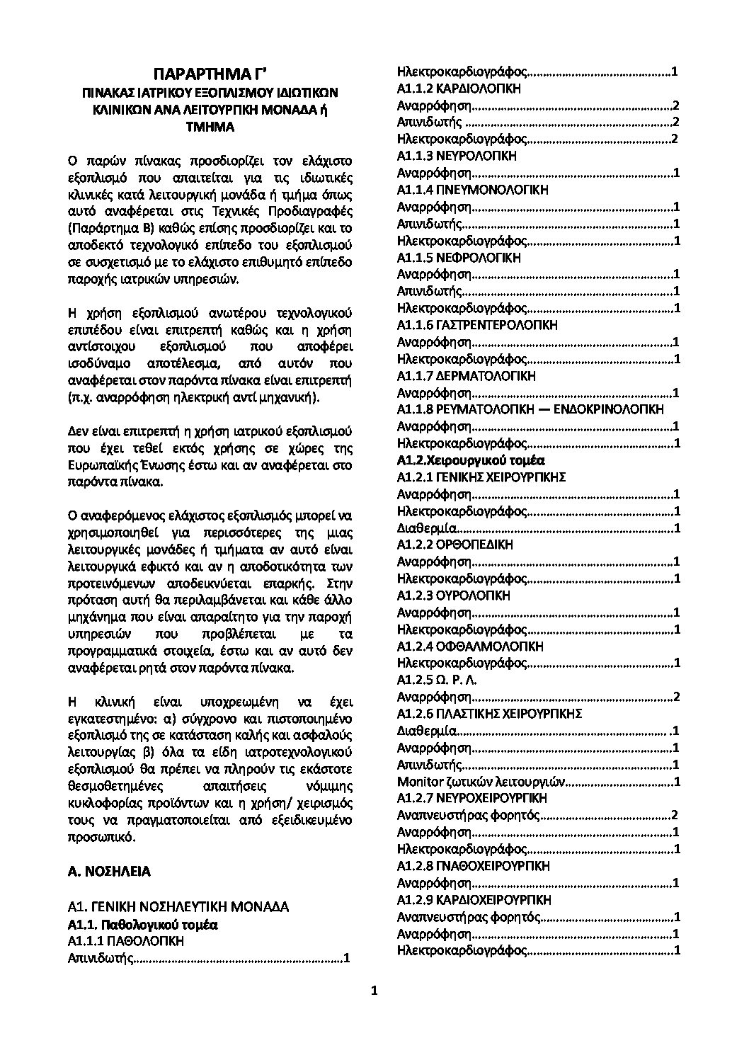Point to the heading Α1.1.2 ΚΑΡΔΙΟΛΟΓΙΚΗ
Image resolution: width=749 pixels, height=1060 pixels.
tap(459, 89)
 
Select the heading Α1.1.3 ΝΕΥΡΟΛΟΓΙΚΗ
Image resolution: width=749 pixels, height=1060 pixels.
tap(457, 156)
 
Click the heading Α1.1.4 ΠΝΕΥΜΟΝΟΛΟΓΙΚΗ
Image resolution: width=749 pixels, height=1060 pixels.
tap(472, 190)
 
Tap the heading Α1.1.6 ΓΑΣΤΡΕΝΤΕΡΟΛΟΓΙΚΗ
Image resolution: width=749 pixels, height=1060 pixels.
tap(477, 325)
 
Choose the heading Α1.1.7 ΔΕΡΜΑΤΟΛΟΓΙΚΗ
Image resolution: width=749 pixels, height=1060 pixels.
tap(467, 375)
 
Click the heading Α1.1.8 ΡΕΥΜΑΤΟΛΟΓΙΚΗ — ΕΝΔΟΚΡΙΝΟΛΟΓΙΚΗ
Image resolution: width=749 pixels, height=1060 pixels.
tap(530, 409)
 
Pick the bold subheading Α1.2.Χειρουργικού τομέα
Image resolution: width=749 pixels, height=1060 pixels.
tap(471, 460)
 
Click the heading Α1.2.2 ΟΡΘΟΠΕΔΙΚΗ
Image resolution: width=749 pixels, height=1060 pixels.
tap(455, 545)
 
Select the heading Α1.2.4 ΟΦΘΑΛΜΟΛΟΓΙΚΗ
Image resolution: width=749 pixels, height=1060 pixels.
tap(470, 646)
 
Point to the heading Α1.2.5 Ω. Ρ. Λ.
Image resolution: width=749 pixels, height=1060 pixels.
tap(438, 680)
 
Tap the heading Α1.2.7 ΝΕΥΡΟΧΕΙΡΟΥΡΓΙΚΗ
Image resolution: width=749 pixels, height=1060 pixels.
tap(472, 798)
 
